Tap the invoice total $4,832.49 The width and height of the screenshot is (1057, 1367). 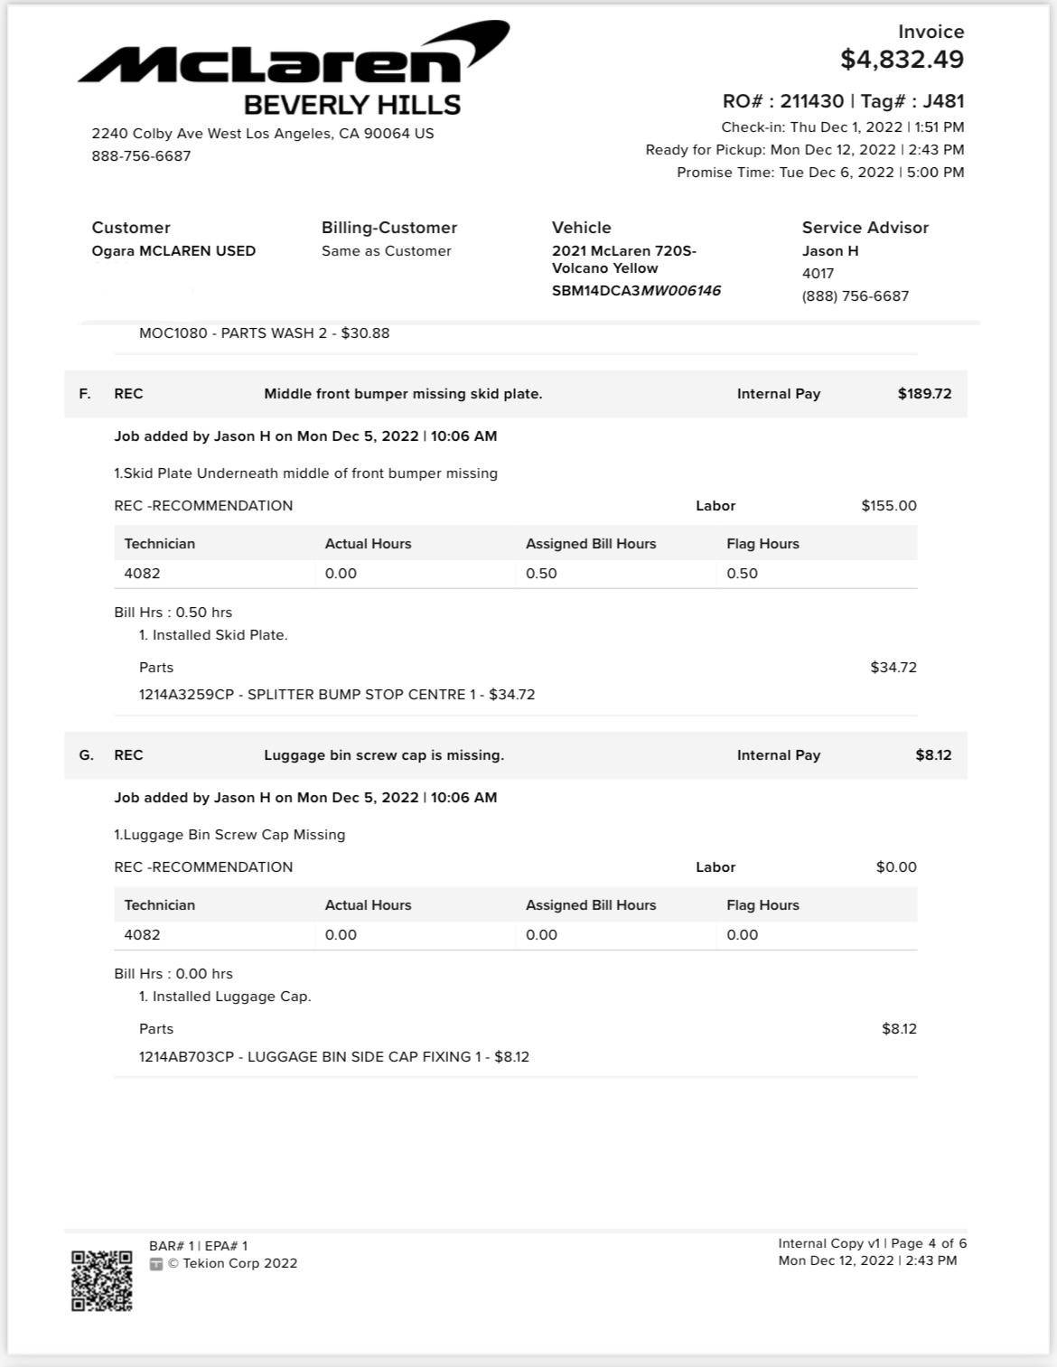(x=902, y=60)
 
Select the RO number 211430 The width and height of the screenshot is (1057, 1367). (x=811, y=101)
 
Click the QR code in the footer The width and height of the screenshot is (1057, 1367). (x=102, y=1280)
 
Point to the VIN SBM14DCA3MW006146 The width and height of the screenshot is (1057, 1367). (x=636, y=291)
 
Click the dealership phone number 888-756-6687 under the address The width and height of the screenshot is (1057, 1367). (x=141, y=156)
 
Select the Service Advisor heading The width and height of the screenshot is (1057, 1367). (x=865, y=228)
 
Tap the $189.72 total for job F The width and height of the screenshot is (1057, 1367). (x=924, y=394)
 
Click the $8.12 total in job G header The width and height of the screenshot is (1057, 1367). (x=933, y=755)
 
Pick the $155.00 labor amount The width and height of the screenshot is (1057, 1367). (x=888, y=506)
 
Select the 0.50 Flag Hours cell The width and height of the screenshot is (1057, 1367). (x=742, y=574)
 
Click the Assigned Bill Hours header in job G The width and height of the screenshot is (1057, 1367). (x=591, y=905)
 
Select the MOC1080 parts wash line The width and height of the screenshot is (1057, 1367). (x=264, y=333)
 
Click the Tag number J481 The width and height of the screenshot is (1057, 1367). (x=943, y=101)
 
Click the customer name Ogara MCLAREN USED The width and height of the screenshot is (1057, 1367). (x=173, y=251)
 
